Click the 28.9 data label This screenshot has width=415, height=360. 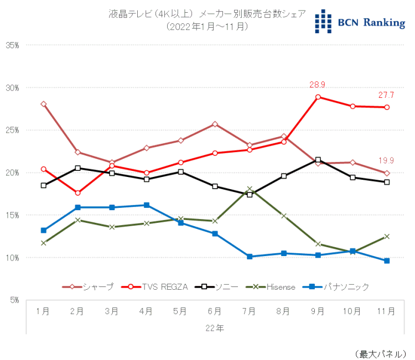pyautogui.click(x=318, y=85)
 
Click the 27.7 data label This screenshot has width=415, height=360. pyautogui.click(x=386, y=95)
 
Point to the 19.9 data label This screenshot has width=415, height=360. pyautogui.click(x=386, y=161)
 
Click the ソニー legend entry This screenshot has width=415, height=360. pyautogui.click(x=218, y=286)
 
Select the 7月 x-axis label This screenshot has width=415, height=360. pyautogui.click(x=249, y=311)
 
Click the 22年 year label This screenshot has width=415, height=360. pyautogui.click(x=215, y=328)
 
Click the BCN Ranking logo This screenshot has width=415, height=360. pyautogui.click(x=360, y=22)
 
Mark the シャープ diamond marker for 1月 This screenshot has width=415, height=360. pyautogui.click(x=44, y=104)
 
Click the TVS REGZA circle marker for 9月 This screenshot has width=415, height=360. pyautogui.click(x=318, y=97)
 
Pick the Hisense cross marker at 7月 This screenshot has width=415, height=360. pyautogui.click(x=250, y=189)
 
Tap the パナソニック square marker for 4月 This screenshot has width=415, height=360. pyautogui.click(x=146, y=205)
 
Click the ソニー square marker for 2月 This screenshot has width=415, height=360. pyautogui.click(x=77, y=168)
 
